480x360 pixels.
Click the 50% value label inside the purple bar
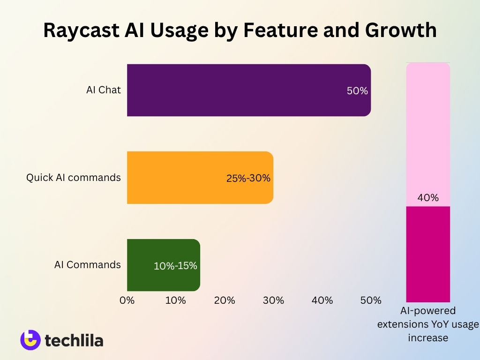(x=357, y=91)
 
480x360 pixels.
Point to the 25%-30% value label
(x=248, y=178)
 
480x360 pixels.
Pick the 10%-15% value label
(x=175, y=266)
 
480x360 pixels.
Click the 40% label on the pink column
(x=428, y=198)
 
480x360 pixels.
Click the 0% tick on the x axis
(x=127, y=300)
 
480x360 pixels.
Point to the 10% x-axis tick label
(x=176, y=300)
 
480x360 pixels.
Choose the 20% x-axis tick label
(x=225, y=300)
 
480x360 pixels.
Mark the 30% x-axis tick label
(x=273, y=300)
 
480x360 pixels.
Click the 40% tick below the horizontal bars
(x=322, y=300)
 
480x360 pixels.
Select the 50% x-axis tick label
(x=371, y=300)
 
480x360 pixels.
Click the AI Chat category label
(x=103, y=90)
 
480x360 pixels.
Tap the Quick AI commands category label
(x=73, y=178)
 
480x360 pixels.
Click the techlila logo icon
(x=30, y=340)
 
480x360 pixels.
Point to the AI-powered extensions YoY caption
(x=428, y=324)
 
